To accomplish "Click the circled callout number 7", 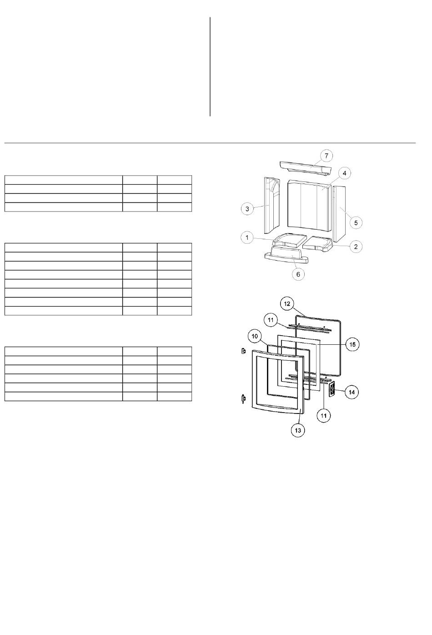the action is [x=326, y=156].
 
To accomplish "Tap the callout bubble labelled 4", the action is [x=344, y=173].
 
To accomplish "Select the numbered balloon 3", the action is [x=247, y=209].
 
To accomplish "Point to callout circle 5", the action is [x=356, y=222].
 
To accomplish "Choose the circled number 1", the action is [x=247, y=237].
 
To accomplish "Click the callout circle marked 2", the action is [x=356, y=247].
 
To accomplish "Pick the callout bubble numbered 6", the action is [x=298, y=274].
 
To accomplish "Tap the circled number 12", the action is [x=287, y=304].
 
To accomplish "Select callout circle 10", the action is [x=255, y=336].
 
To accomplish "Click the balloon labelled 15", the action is [x=352, y=344].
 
